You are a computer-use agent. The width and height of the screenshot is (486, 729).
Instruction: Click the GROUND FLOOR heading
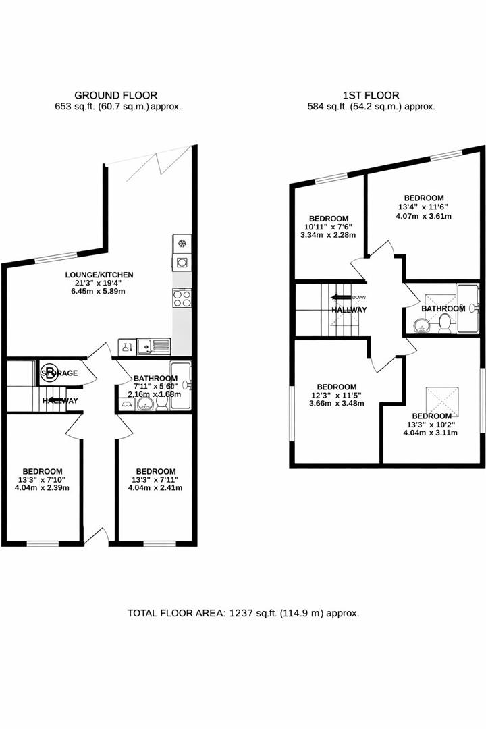coord(115,95)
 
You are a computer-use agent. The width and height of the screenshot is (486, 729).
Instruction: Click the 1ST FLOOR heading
coord(371,95)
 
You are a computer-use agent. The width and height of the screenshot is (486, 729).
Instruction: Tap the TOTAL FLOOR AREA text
coord(243,614)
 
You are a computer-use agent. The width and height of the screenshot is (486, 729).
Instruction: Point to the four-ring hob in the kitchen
coord(182,298)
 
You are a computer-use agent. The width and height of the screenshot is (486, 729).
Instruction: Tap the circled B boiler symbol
coord(50,372)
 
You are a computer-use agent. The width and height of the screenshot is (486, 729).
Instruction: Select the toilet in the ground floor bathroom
coord(162,402)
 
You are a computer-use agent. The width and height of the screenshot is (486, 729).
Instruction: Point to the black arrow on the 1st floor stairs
coord(336,296)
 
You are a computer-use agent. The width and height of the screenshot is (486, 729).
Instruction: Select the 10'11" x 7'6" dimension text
coord(329,227)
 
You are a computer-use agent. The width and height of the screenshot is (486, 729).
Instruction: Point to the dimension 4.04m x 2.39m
coord(43,487)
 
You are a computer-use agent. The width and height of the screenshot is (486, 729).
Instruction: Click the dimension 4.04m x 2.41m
coord(155,487)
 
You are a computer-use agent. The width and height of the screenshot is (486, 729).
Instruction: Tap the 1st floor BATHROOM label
coord(443,308)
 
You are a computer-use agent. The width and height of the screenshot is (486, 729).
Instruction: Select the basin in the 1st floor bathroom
coord(421,325)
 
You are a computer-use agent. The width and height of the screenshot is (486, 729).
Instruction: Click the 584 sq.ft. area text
coord(371,106)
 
